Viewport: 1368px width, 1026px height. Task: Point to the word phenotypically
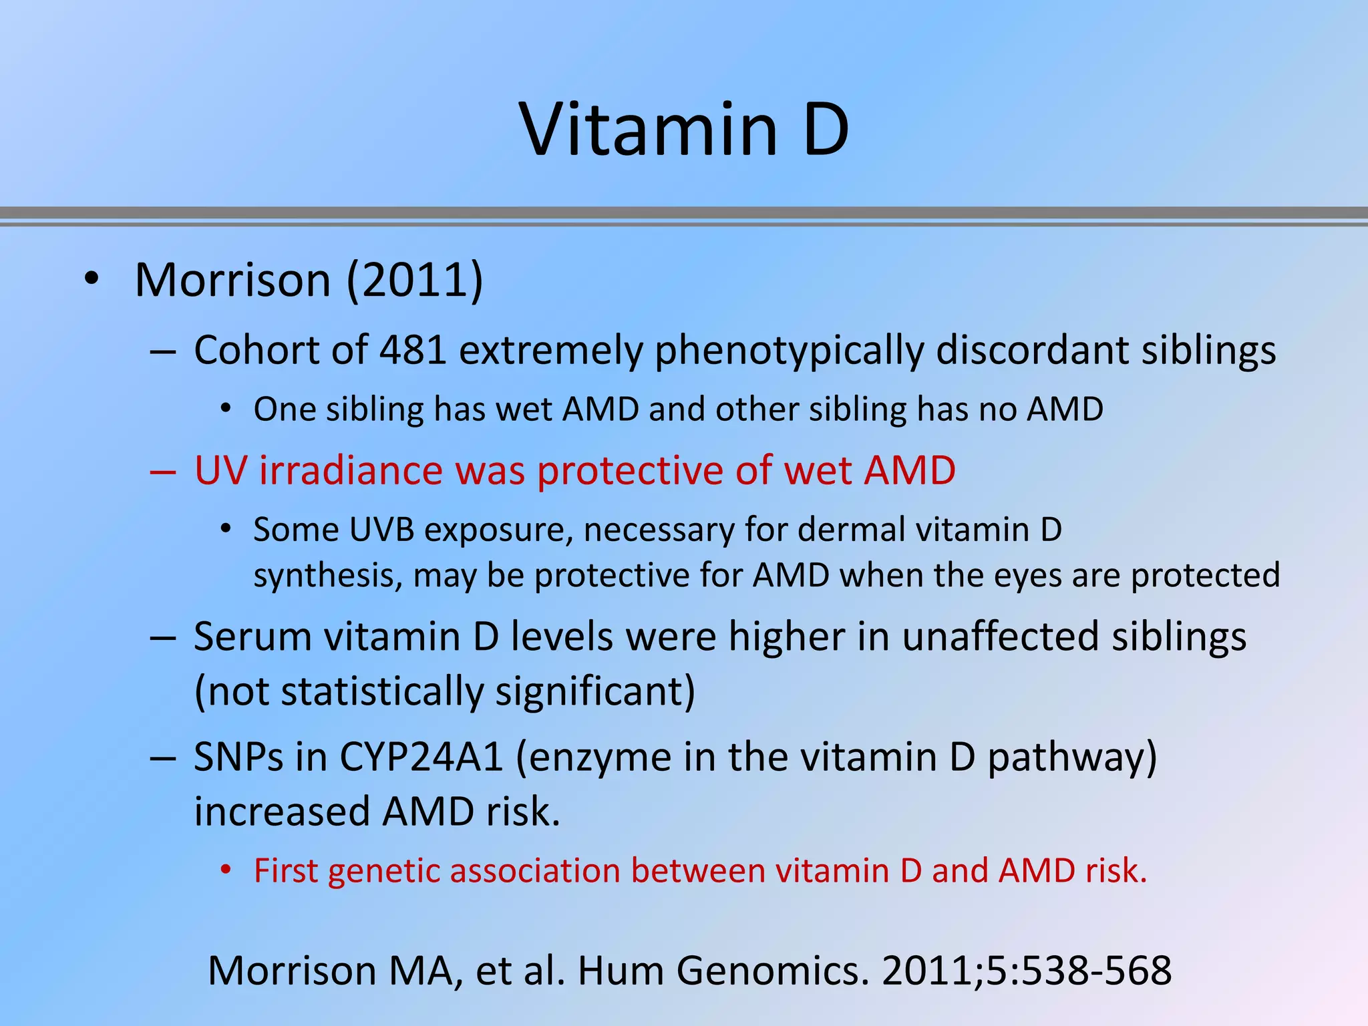(x=789, y=351)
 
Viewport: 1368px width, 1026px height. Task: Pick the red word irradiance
(x=351, y=470)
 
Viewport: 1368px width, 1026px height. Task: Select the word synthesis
(x=327, y=576)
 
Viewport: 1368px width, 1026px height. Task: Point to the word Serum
(x=252, y=636)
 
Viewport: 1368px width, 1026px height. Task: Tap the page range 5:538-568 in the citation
(x=1079, y=971)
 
